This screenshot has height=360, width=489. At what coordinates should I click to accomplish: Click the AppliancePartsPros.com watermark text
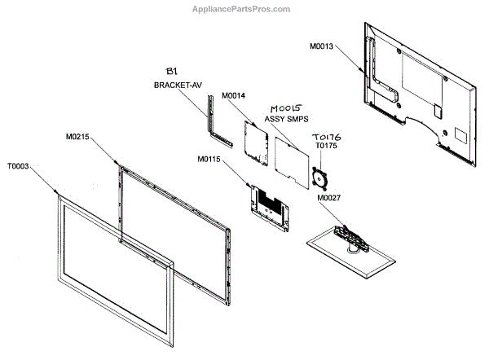240,9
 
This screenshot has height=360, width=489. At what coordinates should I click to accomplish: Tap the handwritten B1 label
173,70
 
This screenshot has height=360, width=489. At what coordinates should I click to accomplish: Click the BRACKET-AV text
177,85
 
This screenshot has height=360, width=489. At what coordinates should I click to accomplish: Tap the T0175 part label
326,147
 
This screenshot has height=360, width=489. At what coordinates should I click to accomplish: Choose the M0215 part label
78,138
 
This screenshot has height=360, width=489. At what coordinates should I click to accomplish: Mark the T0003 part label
19,165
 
